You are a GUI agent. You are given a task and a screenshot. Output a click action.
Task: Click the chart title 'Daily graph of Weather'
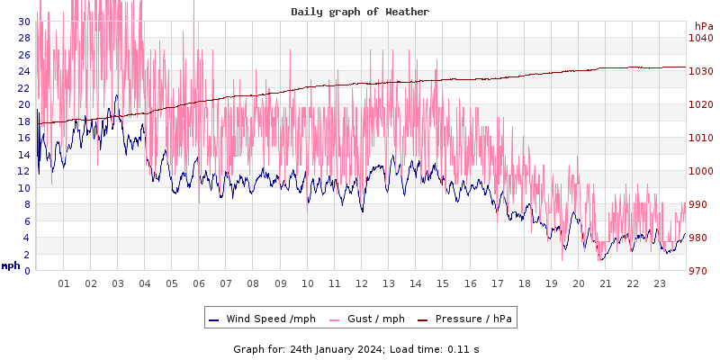click(x=360, y=12)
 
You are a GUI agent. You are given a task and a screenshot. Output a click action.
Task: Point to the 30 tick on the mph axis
click(x=23, y=21)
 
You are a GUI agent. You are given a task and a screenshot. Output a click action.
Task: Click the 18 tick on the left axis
click(x=23, y=121)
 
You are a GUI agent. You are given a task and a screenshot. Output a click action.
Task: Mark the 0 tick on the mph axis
click(x=26, y=271)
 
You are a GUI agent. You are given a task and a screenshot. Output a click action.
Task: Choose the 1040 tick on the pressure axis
click(x=700, y=38)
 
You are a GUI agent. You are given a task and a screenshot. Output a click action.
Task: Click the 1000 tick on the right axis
click(x=700, y=171)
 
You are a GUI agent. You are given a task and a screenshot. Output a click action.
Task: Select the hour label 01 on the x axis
click(x=64, y=283)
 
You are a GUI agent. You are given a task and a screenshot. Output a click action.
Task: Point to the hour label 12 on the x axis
click(x=362, y=283)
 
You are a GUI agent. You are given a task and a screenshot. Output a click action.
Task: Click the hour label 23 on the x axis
click(x=660, y=283)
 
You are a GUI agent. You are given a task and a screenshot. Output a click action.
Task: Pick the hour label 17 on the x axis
click(x=497, y=283)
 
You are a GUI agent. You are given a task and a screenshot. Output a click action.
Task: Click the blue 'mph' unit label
click(x=10, y=265)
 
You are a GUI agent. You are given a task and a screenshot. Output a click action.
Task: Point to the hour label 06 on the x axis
click(x=199, y=283)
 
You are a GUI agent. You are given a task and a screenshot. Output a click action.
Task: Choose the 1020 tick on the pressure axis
click(x=700, y=104)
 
